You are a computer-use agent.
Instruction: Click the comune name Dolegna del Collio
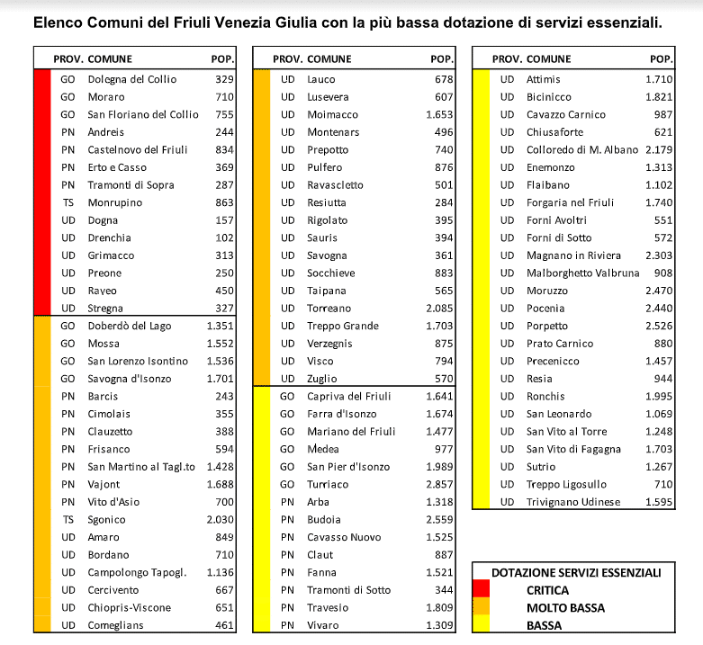(131, 79)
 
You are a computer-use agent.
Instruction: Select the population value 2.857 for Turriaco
(440, 484)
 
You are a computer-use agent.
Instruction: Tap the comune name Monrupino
(114, 202)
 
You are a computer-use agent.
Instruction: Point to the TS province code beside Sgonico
(68, 519)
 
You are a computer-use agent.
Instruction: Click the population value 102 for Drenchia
(223, 237)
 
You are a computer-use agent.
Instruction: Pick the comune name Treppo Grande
(343, 326)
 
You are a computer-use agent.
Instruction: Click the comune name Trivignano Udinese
(573, 502)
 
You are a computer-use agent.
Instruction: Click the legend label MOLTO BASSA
(566, 608)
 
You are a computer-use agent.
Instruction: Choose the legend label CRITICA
(549, 590)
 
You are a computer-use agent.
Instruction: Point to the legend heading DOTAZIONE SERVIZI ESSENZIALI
(576, 572)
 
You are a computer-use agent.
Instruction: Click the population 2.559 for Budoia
(440, 519)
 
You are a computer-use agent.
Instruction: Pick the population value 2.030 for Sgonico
(221, 519)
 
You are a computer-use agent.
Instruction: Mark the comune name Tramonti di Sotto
(348, 589)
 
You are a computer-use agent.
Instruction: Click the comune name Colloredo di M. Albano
(582, 149)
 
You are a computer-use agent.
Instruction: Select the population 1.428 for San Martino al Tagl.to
(221, 467)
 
